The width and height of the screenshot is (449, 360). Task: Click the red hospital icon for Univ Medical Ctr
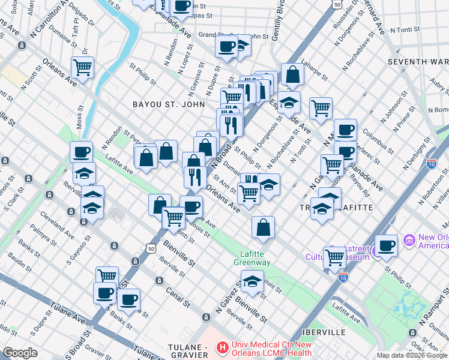point(223,347)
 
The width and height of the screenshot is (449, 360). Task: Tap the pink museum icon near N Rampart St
point(411,241)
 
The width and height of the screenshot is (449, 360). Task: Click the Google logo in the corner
point(20,353)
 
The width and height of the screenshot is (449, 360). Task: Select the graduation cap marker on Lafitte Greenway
point(252,281)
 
